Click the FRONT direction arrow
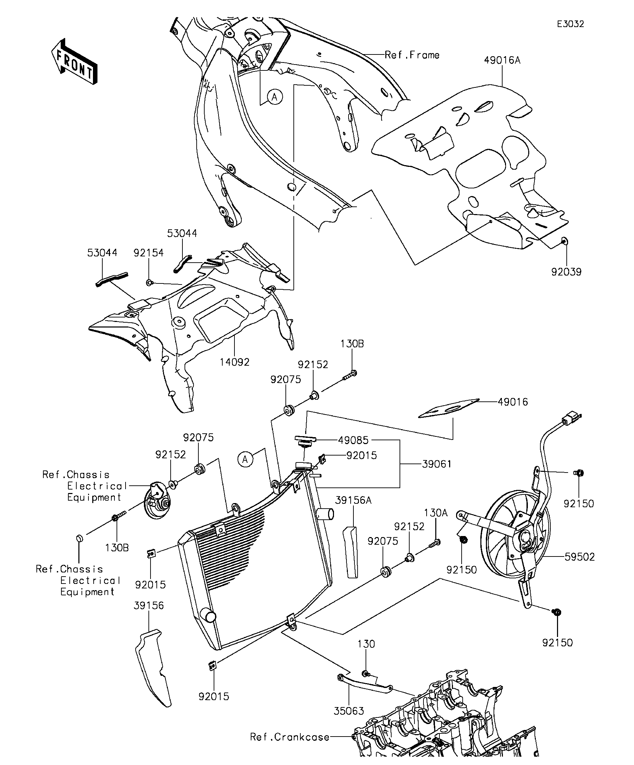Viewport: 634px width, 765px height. click(x=74, y=61)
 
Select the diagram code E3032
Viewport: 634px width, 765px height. click(x=570, y=24)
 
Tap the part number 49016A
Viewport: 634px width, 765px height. click(x=502, y=60)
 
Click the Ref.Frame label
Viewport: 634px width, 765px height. click(x=412, y=55)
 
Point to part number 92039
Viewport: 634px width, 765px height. click(x=566, y=272)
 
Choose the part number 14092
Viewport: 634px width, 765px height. click(x=235, y=362)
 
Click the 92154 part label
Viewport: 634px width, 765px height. click(x=148, y=253)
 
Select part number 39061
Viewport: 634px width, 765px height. click(x=437, y=464)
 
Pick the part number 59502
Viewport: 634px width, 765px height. click(x=580, y=557)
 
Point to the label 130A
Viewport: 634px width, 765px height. click(x=436, y=513)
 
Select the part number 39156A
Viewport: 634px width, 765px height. click(x=353, y=501)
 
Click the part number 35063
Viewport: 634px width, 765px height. click(x=349, y=711)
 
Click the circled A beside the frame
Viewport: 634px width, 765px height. click(x=275, y=97)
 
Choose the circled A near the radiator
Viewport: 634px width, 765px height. click(x=245, y=460)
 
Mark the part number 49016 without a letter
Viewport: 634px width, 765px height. click(x=513, y=402)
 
